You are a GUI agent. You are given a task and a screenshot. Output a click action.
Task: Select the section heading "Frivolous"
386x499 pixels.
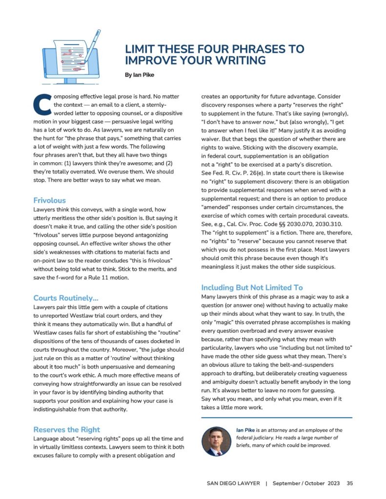(49, 200)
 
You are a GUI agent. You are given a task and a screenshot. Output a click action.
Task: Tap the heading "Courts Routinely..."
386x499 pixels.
(66, 298)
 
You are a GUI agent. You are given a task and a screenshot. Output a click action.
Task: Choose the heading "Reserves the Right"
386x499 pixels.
(66, 429)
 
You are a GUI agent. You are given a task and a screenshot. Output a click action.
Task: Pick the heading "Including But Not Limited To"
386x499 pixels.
(252, 288)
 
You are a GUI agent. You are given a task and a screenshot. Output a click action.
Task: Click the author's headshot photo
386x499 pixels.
(216, 441)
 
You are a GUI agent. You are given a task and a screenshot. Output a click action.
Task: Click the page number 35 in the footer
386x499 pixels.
(349, 483)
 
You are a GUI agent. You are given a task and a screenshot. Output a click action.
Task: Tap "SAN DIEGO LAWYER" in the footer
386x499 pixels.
(233, 483)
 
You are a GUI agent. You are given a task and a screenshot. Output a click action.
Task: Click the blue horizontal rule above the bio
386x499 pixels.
(276, 418)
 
